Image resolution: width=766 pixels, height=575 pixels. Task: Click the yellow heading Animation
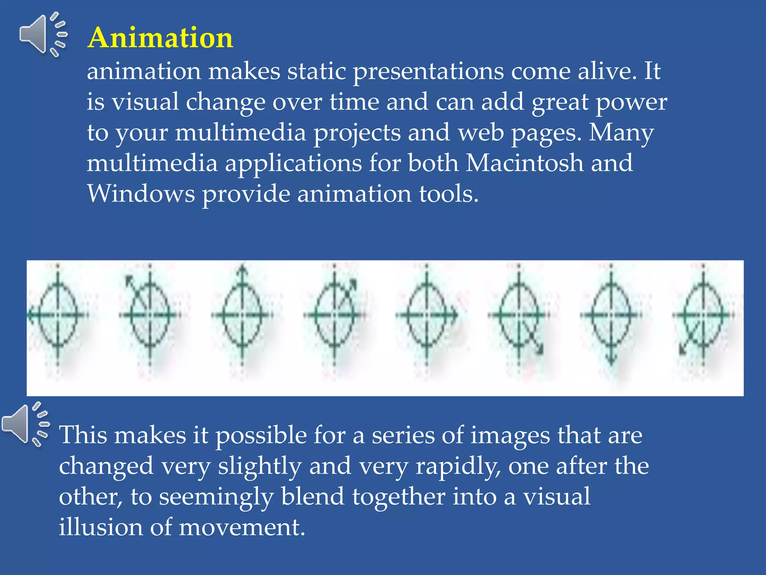coord(160,38)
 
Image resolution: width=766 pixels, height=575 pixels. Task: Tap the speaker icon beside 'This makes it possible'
coord(25,424)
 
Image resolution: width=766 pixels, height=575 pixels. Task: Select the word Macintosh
coord(524,163)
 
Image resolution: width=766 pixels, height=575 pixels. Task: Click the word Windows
coord(141,194)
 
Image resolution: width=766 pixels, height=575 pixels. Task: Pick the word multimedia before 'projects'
coord(240,133)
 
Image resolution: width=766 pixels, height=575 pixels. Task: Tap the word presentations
coord(428,71)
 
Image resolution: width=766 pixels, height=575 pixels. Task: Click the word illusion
coord(101,527)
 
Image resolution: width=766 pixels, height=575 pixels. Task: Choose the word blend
coord(312,497)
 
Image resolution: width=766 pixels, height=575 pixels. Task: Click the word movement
coord(242,527)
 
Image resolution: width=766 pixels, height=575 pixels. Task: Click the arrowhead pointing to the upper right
coord(353,283)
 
